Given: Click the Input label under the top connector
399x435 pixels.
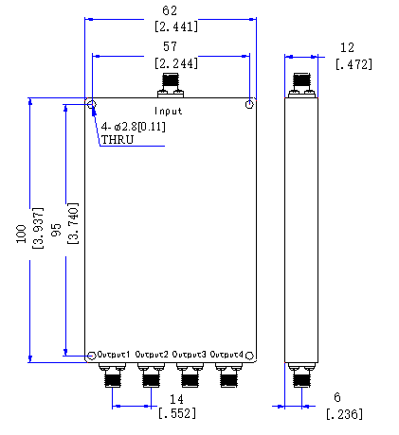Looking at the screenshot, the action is (x=168, y=111).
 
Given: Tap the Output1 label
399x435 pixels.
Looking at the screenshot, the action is (x=114, y=355).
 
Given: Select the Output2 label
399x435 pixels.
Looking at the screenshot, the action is (x=152, y=355).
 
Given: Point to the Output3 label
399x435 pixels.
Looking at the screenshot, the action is (x=189, y=355).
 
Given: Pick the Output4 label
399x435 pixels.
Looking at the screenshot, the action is (x=227, y=355).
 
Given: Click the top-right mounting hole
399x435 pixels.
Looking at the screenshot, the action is (x=249, y=104).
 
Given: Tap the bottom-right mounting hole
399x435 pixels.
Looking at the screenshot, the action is (x=249, y=356).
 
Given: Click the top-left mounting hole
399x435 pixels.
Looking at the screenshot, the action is (x=92, y=104).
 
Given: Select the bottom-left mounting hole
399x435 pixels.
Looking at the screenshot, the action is (x=92, y=356).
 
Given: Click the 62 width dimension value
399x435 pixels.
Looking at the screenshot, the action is (x=170, y=10).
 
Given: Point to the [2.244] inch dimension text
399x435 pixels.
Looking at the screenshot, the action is (x=176, y=63).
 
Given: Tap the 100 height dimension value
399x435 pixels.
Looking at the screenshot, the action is (x=21, y=234).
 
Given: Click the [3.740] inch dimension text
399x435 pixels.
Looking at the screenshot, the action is (x=73, y=223).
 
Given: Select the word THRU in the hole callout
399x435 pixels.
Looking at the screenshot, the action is (x=118, y=140).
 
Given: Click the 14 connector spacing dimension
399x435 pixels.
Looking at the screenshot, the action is (x=176, y=400).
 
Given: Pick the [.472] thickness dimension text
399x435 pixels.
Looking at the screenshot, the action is (x=354, y=64).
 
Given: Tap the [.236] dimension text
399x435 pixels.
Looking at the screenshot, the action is (x=345, y=414).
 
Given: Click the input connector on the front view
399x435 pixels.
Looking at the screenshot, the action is (x=171, y=85).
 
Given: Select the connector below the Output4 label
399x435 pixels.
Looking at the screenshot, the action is (x=228, y=375).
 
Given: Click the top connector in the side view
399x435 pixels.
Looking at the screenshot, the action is (x=301, y=85).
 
